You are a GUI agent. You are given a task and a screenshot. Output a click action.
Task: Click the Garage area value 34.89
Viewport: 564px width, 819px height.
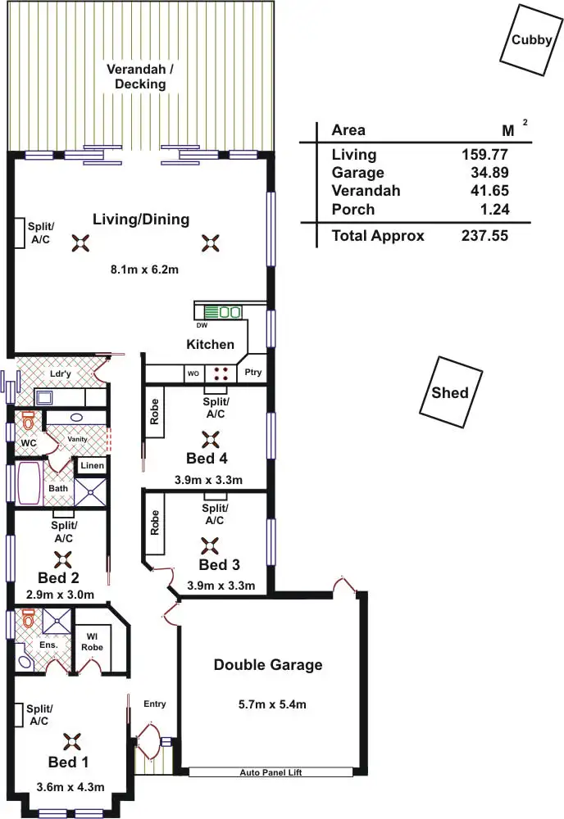coord(490,173)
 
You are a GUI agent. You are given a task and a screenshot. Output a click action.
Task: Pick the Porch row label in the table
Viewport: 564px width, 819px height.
coord(352,210)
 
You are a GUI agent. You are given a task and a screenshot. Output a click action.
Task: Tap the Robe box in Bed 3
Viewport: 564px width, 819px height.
coord(154,523)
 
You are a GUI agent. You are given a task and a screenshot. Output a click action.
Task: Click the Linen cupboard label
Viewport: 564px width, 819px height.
coord(90,466)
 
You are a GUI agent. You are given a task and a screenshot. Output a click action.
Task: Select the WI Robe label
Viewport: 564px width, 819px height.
coord(91,641)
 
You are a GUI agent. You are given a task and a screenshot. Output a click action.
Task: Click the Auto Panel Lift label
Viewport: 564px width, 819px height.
coord(270,772)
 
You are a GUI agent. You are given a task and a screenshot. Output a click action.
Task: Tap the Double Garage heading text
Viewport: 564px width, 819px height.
coord(268,665)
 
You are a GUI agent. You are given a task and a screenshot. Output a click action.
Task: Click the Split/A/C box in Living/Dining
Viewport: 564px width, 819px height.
coord(17,233)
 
